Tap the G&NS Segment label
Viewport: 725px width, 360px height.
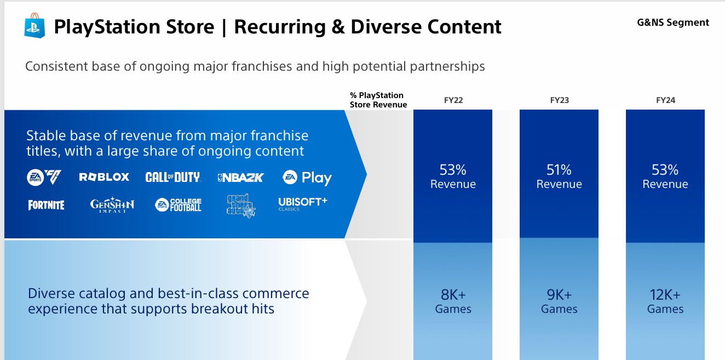point(673,22)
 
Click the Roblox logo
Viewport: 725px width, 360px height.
point(104,177)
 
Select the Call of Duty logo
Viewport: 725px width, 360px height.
point(172,177)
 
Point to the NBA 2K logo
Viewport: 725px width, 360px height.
point(240,177)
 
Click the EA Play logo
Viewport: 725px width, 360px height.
point(307,178)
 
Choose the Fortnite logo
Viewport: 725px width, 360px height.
point(47,205)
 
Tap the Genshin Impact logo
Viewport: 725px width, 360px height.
point(112,205)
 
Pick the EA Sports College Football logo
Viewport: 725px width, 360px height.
point(178,205)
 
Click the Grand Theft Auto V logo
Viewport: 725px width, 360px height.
point(240,205)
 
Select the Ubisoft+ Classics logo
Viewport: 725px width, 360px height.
point(302,204)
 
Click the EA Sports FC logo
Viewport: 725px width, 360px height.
point(44,177)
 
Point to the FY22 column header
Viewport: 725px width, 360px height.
point(453,100)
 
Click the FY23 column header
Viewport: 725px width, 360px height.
point(560,100)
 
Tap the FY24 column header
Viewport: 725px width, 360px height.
point(665,100)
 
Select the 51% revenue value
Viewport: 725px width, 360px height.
point(559,176)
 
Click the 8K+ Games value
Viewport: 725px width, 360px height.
point(453,301)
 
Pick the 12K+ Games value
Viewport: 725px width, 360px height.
point(665,301)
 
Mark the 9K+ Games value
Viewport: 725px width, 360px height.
point(559,301)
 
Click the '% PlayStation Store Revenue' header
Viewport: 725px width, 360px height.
point(378,100)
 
